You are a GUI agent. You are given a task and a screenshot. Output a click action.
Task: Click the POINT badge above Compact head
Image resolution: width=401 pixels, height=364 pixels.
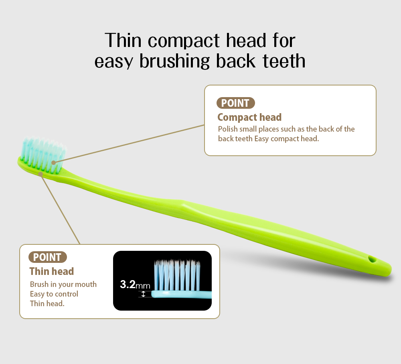coord(235,103)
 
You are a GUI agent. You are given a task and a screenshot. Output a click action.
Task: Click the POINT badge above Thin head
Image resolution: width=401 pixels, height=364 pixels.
coord(48,257)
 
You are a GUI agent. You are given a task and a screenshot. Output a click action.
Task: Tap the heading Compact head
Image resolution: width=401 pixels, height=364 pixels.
coord(249,117)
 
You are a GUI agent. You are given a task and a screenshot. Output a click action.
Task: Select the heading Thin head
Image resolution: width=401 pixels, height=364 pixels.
coord(52,271)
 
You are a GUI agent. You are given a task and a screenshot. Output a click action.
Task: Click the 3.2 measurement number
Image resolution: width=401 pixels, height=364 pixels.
coord(128,285)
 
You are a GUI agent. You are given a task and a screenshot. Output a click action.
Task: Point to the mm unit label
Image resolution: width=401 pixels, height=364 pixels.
coord(143,286)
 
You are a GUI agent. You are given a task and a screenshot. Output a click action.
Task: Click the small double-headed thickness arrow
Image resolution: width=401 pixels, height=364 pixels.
coord(144,294)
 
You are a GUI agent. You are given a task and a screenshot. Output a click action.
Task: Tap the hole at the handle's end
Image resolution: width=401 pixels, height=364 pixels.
coord(372,259)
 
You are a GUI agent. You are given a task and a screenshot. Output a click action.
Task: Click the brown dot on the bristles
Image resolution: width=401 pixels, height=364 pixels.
coord(53,163)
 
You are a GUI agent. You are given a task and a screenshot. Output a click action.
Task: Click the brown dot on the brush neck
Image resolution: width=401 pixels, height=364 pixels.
coord(41,174)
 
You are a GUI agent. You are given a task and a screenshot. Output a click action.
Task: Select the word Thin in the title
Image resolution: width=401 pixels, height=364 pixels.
coord(123,41)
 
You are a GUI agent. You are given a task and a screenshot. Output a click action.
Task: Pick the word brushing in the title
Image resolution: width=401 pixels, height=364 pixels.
coord(174,61)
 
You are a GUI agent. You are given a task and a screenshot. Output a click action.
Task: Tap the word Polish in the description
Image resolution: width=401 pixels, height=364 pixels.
coord(228,129)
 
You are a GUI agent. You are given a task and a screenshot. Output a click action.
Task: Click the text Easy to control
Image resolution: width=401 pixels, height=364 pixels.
coord(54,294)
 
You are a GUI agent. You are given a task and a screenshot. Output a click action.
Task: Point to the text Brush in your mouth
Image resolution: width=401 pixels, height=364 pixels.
coord(63,285)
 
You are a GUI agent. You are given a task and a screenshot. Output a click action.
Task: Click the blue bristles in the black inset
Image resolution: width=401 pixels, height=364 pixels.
coord(177,275)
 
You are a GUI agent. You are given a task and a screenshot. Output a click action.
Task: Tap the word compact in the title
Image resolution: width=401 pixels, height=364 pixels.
coord(183,41)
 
